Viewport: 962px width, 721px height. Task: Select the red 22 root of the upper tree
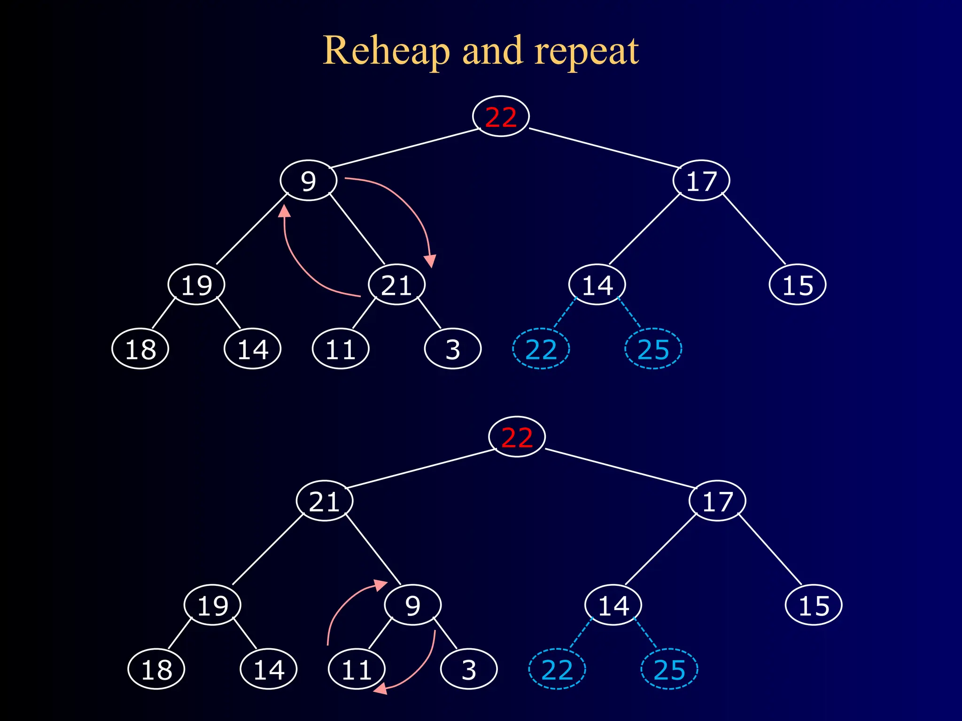[x=501, y=116]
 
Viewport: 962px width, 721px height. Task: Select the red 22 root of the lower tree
[x=517, y=437]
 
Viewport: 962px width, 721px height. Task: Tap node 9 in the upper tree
[x=308, y=181]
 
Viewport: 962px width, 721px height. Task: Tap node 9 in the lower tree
[x=412, y=605]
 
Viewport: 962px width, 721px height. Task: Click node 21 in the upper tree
[x=396, y=285]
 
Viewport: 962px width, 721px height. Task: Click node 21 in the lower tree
[x=324, y=501]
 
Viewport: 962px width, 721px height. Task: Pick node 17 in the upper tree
[x=701, y=181]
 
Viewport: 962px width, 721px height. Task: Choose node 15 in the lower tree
[x=814, y=605]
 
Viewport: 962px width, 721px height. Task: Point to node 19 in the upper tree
[x=196, y=285]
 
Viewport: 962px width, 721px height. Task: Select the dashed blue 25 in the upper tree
[x=653, y=349]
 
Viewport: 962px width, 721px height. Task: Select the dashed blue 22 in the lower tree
[x=557, y=669]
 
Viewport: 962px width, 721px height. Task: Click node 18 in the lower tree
[x=156, y=669]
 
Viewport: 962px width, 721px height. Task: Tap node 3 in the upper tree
[x=452, y=349]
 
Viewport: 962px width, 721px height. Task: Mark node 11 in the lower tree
[x=357, y=669]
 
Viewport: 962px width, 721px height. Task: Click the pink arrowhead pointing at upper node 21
[x=430, y=261]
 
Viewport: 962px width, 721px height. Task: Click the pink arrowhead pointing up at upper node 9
[x=284, y=211]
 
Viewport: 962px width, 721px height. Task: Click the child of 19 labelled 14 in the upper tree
[x=253, y=349]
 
